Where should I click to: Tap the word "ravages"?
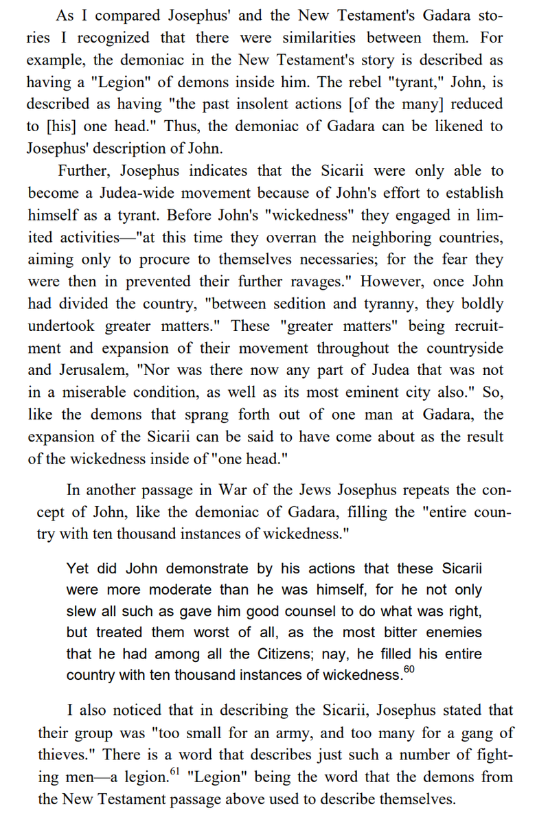(326, 282)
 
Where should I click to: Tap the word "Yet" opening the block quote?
(78, 569)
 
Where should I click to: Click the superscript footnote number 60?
(410, 668)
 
